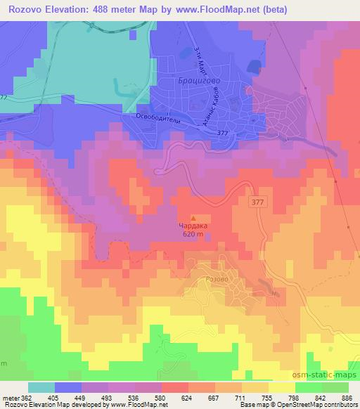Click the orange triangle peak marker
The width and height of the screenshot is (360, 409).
[x=194, y=219]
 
